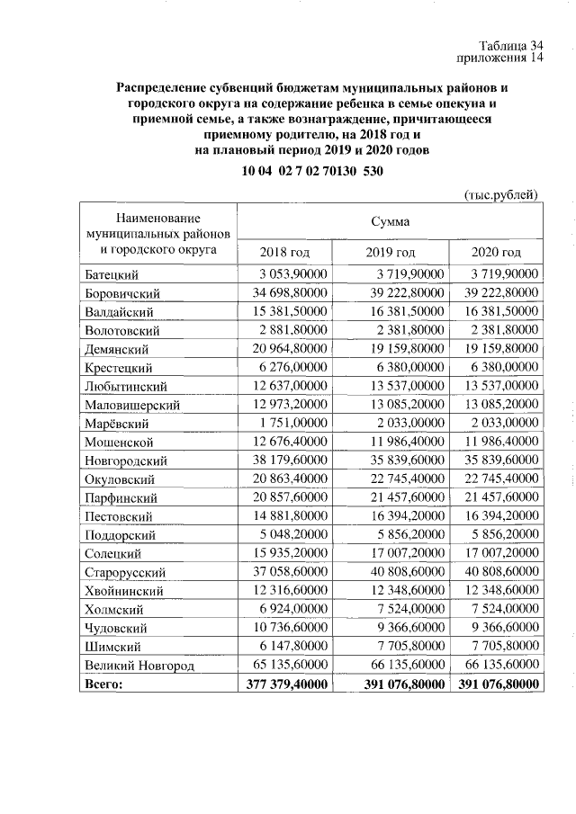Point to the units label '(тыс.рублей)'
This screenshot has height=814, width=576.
(502, 194)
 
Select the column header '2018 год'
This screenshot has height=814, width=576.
(284, 252)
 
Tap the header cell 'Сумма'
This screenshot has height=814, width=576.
(391, 220)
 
